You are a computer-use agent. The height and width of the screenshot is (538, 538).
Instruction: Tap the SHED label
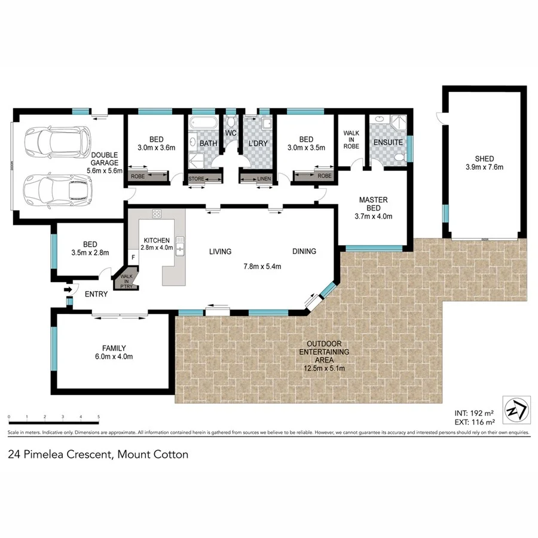[x=485, y=158]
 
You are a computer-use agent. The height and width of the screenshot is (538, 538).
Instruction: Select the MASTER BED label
[x=374, y=204]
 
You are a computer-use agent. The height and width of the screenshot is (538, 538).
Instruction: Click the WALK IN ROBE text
[x=350, y=139]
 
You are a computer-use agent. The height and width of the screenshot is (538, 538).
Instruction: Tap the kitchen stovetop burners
[x=157, y=213]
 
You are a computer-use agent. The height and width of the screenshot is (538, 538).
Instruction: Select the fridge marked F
[x=133, y=258]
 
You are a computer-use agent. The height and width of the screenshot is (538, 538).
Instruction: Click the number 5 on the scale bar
[x=98, y=417]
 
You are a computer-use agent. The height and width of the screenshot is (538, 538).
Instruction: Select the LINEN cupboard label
[x=264, y=178]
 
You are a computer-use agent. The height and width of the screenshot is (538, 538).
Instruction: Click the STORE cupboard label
[x=197, y=178]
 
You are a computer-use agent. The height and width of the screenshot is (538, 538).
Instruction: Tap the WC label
[x=231, y=133]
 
